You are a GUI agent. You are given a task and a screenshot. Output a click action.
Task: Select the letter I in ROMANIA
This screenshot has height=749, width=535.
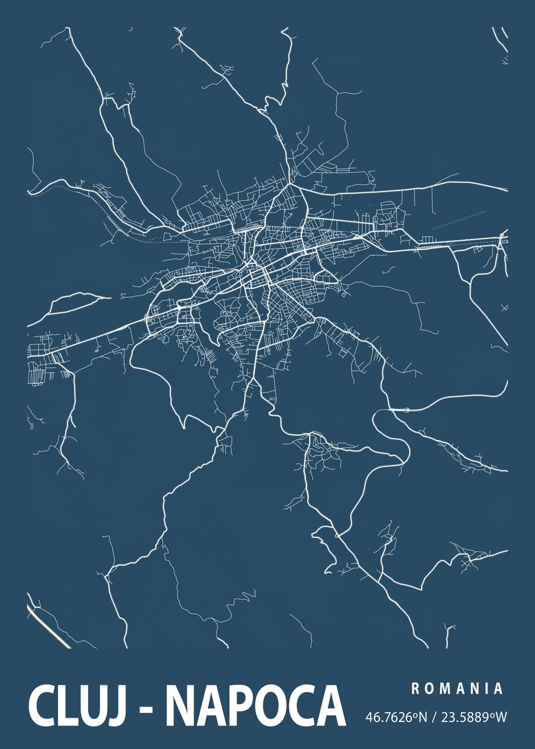click(x=486, y=689)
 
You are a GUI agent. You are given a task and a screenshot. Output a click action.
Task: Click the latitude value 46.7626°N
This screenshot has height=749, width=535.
click(x=396, y=717)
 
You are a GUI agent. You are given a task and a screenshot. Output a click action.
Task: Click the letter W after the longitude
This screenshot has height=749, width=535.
click(x=501, y=717)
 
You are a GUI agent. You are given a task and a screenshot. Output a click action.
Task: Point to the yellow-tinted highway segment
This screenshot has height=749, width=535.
click(x=49, y=625)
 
